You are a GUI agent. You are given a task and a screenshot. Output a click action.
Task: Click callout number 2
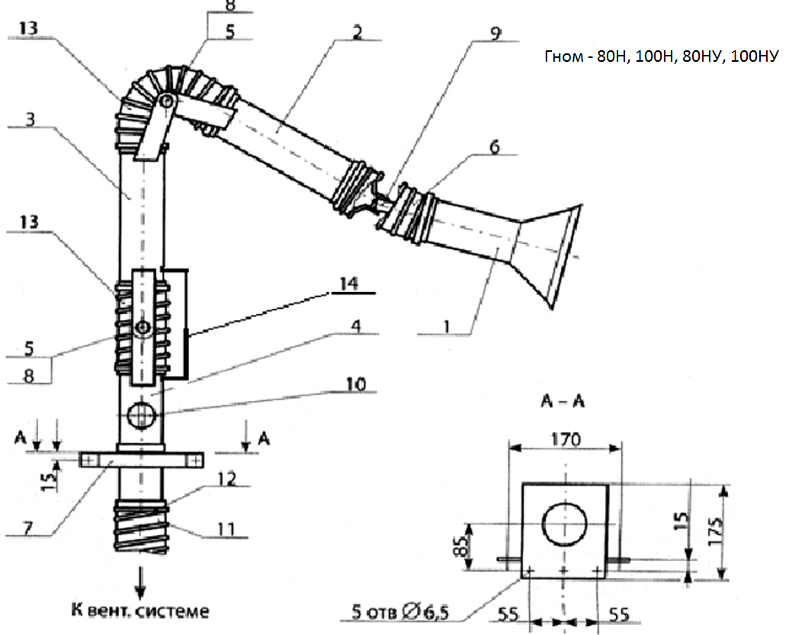tap(357, 33)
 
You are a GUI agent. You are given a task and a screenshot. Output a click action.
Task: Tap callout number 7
tap(29, 525)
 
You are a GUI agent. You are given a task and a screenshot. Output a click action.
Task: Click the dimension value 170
tap(565, 440)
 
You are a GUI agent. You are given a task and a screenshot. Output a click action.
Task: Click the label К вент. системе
tap(139, 611)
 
